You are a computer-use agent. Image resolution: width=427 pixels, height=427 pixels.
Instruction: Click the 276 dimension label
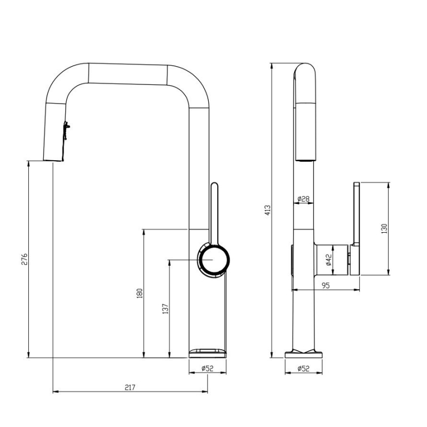[x=25, y=259]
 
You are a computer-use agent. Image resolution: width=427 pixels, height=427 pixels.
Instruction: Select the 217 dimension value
[x=130, y=388]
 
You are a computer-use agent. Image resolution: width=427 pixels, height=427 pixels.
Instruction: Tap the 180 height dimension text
[x=139, y=293]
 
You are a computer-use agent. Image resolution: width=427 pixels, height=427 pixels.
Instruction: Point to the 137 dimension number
[x=165, y=309]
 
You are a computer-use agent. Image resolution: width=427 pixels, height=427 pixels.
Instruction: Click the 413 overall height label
[x=268, y=210]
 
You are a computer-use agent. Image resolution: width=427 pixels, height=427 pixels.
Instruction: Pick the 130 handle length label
[x=384, y=229]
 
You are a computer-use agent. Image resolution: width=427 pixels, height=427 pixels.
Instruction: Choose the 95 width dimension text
[x=326, y=286]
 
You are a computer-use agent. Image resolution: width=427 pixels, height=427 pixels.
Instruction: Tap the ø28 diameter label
[x=303, y=199]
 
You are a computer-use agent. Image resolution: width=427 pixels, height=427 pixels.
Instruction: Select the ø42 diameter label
[x=328, y=260]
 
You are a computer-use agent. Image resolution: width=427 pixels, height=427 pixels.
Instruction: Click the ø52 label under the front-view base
[x=208, y=368]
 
